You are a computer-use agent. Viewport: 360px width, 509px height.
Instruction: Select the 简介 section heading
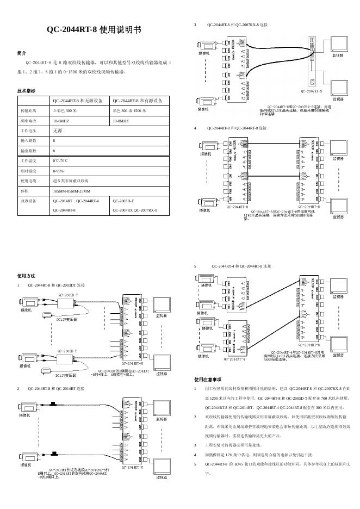[22, 53]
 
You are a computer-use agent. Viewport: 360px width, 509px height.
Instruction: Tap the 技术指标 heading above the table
[26, 91]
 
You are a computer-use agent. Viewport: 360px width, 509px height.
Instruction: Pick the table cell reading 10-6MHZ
[61, 121]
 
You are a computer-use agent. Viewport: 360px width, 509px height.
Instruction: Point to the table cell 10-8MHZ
[120, 121]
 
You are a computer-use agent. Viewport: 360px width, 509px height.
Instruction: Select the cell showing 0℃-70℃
[60, 161]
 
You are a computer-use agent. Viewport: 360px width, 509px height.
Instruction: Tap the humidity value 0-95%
[58, 171]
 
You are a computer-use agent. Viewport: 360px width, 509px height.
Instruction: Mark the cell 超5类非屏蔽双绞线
[71, 181]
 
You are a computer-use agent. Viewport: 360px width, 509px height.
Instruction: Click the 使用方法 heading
[26, 276]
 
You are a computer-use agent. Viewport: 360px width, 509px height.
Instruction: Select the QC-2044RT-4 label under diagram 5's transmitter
[234, 359]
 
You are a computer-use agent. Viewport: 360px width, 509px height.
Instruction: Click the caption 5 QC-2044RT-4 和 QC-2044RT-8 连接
[233, 266]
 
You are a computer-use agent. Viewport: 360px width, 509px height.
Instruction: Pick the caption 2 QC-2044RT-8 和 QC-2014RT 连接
[52, 389]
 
